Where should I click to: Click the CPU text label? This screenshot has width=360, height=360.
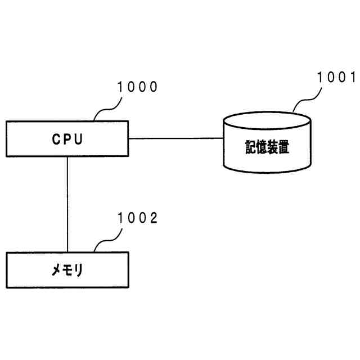point(67,139)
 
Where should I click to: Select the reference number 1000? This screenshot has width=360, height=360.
point(137,87)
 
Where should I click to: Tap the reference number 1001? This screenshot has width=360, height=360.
point(336,77)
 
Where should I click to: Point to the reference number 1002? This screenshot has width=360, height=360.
point(137,218)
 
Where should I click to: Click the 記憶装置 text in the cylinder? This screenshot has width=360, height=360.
point(267,147)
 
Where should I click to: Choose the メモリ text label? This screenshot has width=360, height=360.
point(67,270)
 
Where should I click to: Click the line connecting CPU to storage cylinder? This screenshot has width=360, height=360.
point(176,138)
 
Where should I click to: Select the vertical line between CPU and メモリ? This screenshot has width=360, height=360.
point(67,204)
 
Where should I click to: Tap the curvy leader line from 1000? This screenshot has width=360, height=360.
point(107,109)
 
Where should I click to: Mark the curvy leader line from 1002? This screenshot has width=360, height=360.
point(107,240)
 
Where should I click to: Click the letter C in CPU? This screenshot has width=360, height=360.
point(56,139)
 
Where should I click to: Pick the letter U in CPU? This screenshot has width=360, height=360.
point(79,139)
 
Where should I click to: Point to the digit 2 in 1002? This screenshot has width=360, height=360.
point(153,218)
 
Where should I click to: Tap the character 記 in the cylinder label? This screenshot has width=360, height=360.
point(250,147)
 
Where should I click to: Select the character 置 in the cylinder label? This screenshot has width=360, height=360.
point(283,147)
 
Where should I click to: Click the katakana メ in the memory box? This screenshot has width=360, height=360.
point(56,270)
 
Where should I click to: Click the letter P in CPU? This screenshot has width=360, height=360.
point(67,139)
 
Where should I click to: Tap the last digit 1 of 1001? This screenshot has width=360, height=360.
point(353,77)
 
